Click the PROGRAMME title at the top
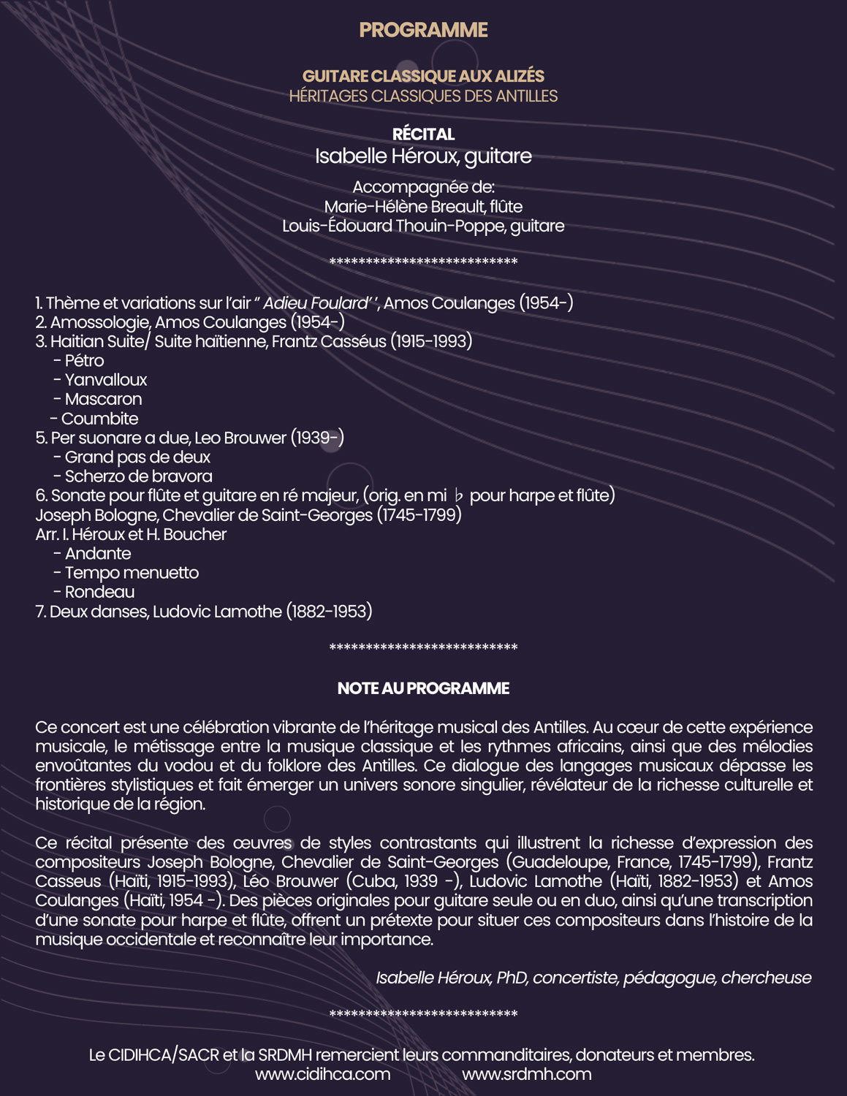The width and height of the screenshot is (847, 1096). click(x=423, y=30)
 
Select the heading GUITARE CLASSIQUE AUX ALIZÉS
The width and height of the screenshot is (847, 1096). click(x=423, y=76)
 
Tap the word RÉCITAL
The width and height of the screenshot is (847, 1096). click(x=423, y=134)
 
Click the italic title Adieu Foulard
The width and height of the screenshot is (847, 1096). click(x=316, y=303)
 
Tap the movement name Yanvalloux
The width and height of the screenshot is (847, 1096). click(x=106, y=380)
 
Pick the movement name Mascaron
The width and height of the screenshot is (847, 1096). click(x=103, y=399)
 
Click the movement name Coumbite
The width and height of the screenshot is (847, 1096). click(x=99, y=419)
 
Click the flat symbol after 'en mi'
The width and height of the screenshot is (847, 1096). click(x=459, y=496)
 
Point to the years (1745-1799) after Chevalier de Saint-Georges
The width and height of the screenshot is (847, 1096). click(x=419, y=515)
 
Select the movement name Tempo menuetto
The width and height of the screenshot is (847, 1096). click(x=132, y=573)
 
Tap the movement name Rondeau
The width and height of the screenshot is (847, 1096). click(x=99, y=592)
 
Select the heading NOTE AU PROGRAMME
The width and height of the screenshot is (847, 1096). click(x=423, y=688)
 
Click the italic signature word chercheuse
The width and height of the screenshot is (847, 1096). click(x=766, y=978)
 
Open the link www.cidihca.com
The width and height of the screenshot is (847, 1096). click(x=322, y=1074)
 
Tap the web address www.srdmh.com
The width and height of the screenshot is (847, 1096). click(x=526, y=1074)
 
